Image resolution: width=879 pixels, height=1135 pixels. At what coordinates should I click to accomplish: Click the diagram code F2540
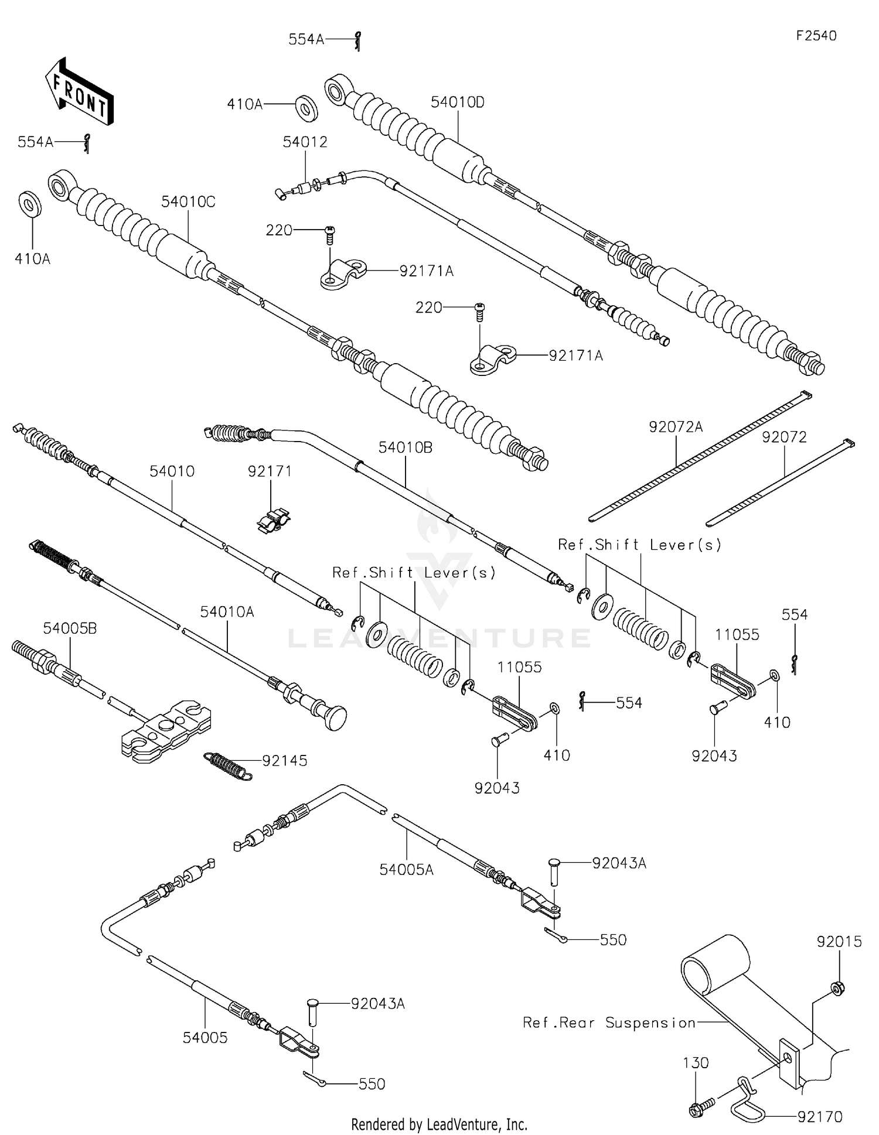click(816, 36)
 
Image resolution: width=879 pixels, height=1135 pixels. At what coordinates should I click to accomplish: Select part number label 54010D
click(457, 102)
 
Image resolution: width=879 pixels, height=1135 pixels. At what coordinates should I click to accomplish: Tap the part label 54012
click(305, 142)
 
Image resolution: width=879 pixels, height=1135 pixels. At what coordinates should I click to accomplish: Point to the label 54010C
click(188, 202)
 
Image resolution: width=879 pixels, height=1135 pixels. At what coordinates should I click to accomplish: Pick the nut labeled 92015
click(838, 989)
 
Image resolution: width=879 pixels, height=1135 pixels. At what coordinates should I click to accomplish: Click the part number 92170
click(819, 1117)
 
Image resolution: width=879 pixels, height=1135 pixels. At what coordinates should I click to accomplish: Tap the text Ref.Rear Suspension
click(609, 1023)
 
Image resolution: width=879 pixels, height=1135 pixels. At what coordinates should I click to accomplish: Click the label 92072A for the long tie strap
click(675, 427)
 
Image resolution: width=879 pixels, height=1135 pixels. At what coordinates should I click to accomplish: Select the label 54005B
click(70, 628)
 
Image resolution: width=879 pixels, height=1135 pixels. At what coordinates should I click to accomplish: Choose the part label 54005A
click(406, 870)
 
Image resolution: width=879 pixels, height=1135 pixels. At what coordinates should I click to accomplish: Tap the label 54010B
click(405, 447)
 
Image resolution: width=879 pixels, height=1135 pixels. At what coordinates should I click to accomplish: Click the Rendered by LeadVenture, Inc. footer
click(439, 1124)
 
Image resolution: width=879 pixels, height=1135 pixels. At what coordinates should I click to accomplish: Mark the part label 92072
click(784, 437)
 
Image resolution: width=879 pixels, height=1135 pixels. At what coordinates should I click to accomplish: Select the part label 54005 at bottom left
click(205, 1037)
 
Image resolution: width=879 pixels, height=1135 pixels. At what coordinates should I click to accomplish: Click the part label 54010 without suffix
click(172, 471)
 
